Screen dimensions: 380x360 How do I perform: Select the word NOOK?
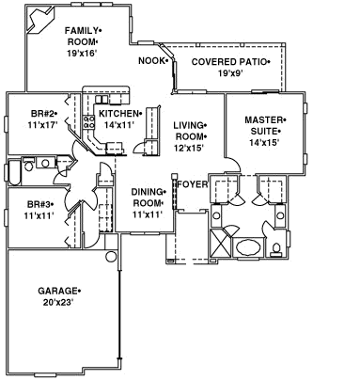point(152,61)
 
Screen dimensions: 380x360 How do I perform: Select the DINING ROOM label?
point(148,198)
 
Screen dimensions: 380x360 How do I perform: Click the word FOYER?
point(192,184)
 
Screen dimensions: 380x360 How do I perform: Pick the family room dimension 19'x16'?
point(82,53)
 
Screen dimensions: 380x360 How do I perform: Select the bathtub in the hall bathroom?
point(16,172)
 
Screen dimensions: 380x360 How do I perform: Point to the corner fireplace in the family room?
point(39,16)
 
